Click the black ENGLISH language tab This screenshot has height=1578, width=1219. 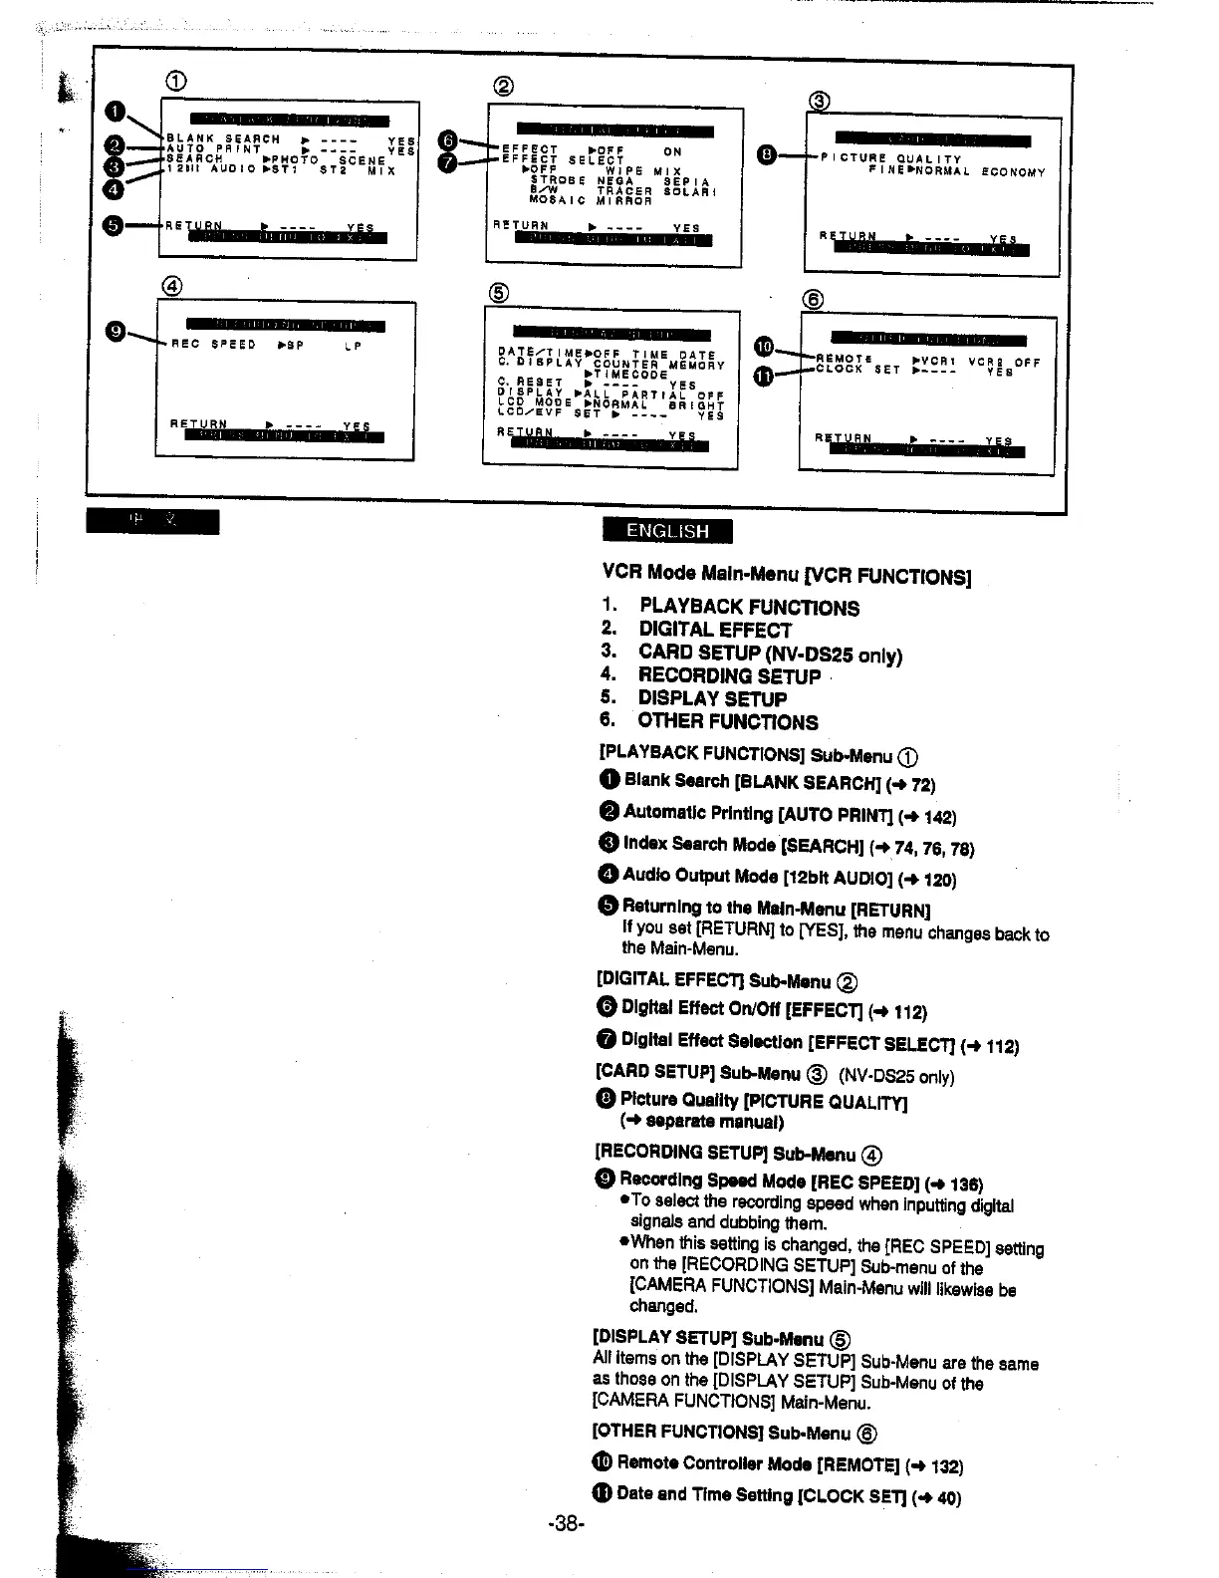pos(667,531)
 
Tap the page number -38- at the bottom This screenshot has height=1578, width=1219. pos(566,1523)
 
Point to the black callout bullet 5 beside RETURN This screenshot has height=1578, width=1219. pos(115,225)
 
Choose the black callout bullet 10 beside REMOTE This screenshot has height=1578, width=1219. pos(764,346)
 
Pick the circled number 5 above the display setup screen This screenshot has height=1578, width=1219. pos(500,292)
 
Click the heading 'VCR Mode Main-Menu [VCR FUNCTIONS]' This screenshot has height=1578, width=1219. pos(787,574)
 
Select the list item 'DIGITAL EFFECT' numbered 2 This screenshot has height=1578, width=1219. pos(715,630)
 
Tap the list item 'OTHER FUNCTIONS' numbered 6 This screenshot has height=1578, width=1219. pos(728,721)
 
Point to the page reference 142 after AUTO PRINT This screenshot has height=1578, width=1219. pos(939,817)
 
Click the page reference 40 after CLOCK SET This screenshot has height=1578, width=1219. pos(947,1496)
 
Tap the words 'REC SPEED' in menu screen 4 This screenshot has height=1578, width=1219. pos(213,345)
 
